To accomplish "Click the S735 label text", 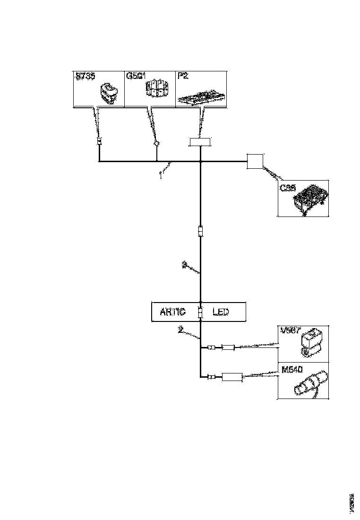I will (x=85, y=76).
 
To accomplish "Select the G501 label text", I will (x=136, y=76).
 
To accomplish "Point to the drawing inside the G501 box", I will (x=155, y=89).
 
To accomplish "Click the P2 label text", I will (x=182, y=76).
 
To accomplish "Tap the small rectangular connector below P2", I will (x=200, y=141).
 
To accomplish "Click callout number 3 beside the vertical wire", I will (x=184, y=265).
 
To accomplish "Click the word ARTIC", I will (x=173, y=312).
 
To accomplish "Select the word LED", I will (x=221, y=312).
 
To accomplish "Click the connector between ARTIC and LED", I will (x=200, y=312).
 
